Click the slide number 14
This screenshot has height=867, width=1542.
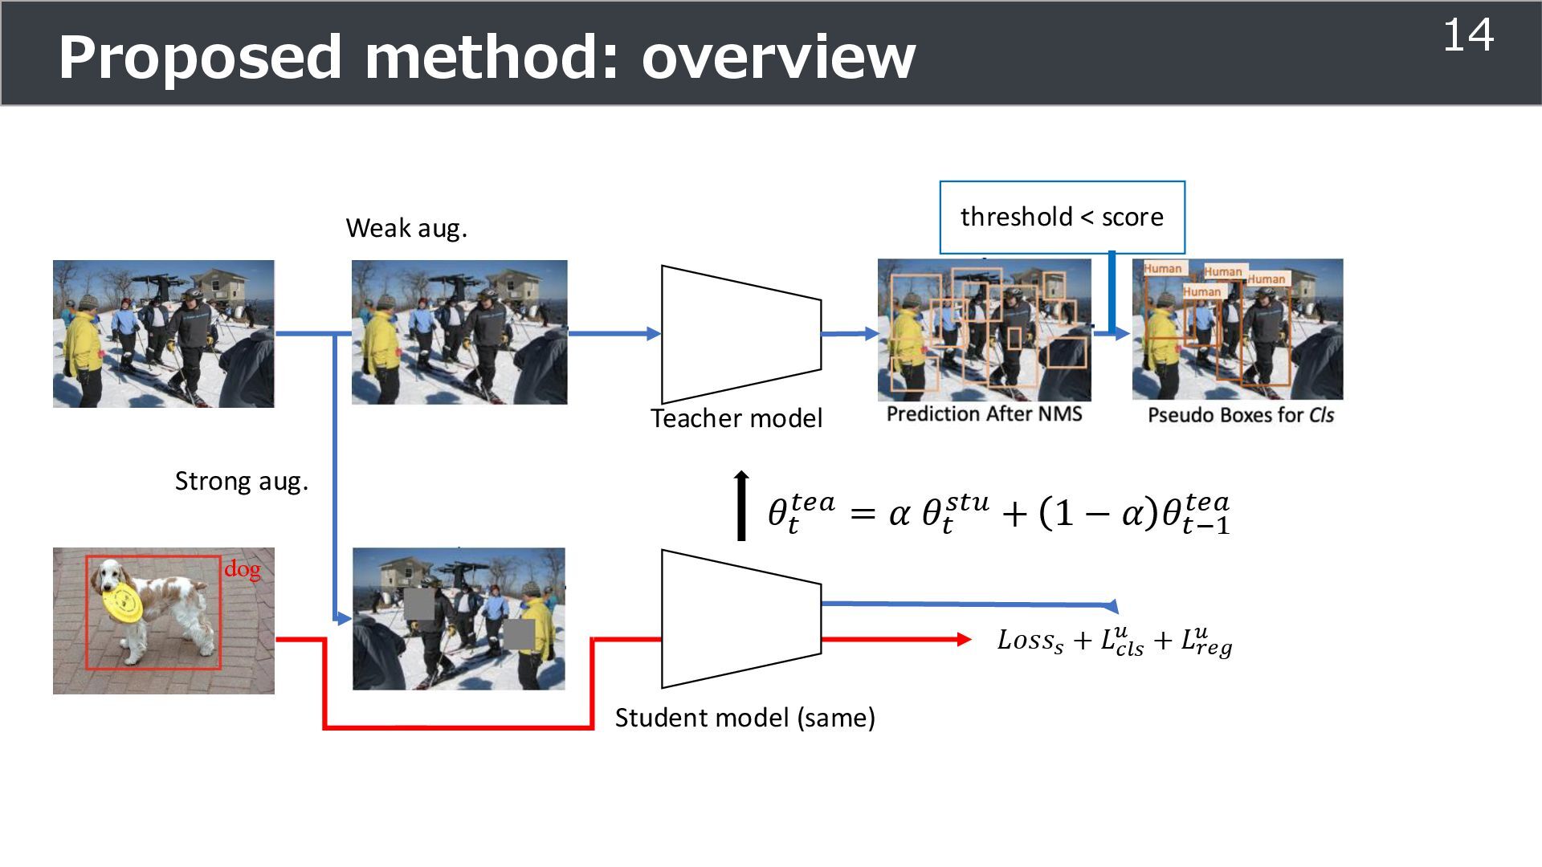(x=1468, y=36)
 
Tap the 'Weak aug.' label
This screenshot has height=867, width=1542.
(x=406, y=229)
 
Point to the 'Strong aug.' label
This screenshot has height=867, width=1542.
(x=242, y=482)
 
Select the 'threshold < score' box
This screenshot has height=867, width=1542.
(x=1062, y=218)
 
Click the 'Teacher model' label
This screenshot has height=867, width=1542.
(x=736, y=418)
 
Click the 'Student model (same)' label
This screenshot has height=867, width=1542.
(x=744, y=718)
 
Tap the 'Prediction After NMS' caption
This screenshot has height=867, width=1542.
(x=984, y=414)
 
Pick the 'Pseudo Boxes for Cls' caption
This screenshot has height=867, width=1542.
(x=1240, y=415)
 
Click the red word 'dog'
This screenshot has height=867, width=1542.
(x=242, y=569)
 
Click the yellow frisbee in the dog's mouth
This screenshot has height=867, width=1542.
(x=122, y=602)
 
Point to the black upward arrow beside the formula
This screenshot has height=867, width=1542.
(x=741, y=505)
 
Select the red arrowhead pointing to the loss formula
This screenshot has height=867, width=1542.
(x=964, y=640)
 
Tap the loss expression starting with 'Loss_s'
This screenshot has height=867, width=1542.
(x=1114, y=641)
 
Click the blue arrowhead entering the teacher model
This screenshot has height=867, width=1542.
(x=653, y=334)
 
